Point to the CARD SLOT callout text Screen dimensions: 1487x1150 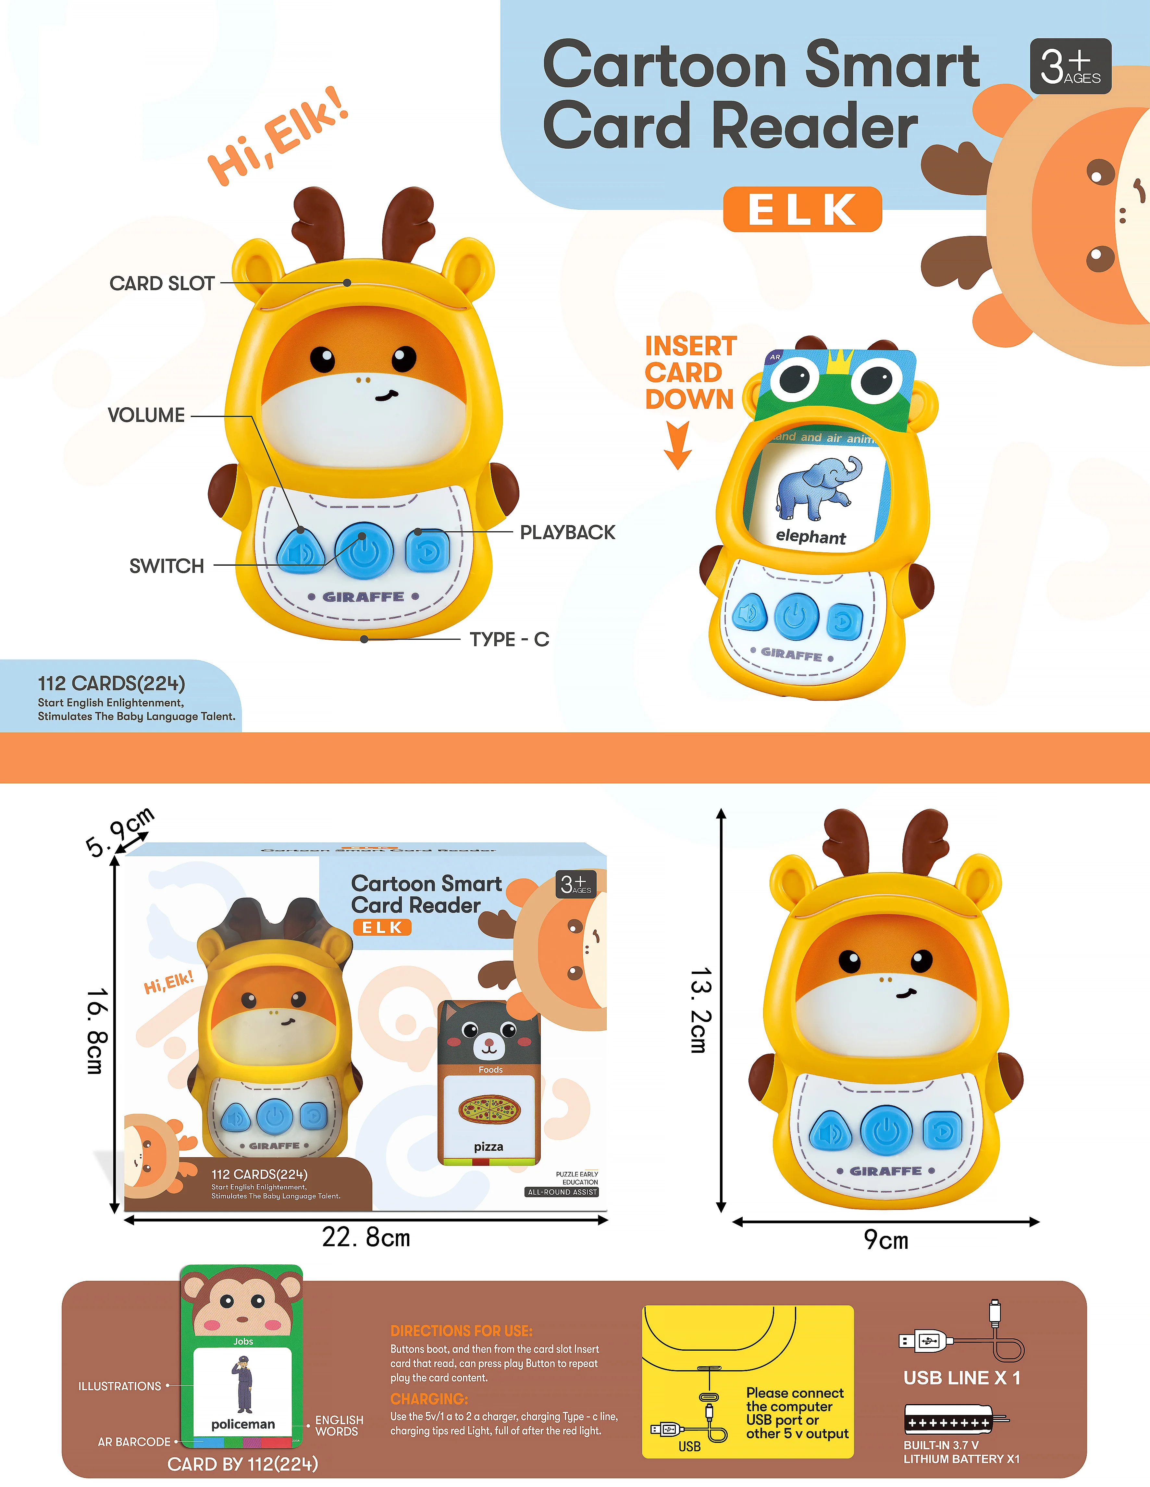(x=162, y=283)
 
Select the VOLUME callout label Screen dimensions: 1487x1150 (x=146, y=415)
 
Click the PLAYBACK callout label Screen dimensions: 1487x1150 (x=567, y=533)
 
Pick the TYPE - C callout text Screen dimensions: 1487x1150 (x=509, y=639)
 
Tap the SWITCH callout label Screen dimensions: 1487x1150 (x=167, y=566)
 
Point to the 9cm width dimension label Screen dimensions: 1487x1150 (x=886, y=1240)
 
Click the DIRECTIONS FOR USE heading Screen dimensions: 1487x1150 (x=461, y=1330)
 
